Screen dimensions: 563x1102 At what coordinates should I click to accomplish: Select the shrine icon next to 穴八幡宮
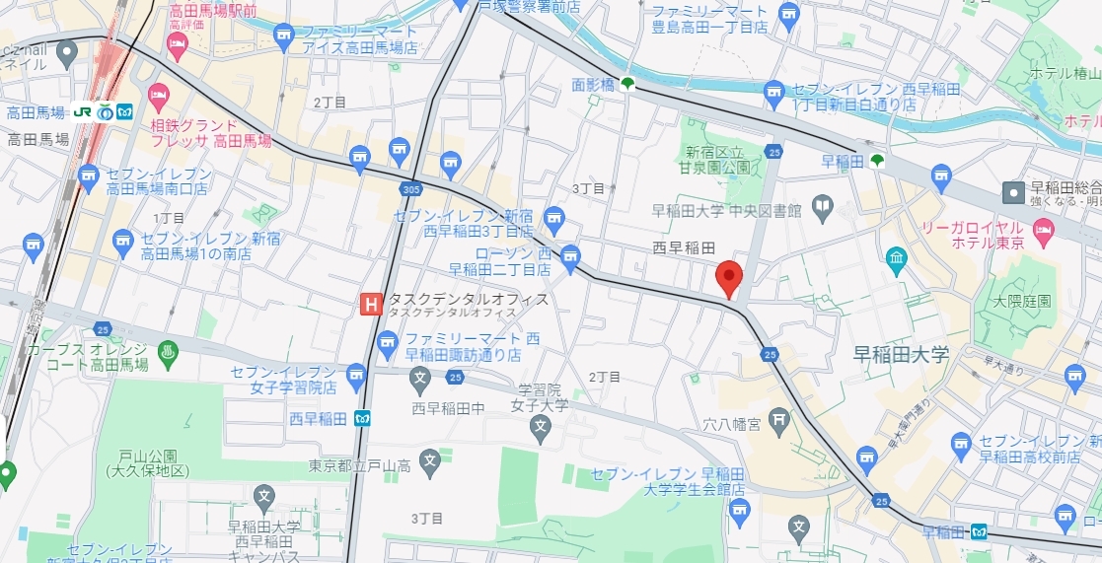click(779, 421)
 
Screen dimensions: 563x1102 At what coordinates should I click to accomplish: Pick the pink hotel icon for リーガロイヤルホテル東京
click(1043, 231)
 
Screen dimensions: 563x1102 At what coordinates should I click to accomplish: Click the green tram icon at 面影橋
click(627, 86)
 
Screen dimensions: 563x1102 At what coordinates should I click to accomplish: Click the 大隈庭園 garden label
click(1022, 300)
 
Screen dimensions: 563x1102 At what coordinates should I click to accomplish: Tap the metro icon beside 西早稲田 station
click(363, 418)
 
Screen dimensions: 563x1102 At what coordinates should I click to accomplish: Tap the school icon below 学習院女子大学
click(540, 427)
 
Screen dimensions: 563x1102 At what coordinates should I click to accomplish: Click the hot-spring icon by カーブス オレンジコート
click(166, 350)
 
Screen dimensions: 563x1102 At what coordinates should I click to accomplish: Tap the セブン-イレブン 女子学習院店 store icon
click(355, 373)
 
